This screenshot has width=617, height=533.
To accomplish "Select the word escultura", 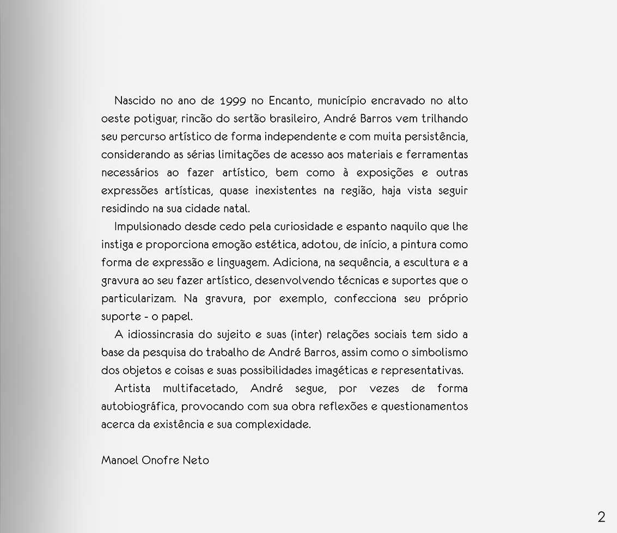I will (x=426, y=262).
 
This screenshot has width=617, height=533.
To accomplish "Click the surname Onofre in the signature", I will (x=161, y=460).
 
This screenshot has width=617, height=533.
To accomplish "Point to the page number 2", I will (x=601, y=517).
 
